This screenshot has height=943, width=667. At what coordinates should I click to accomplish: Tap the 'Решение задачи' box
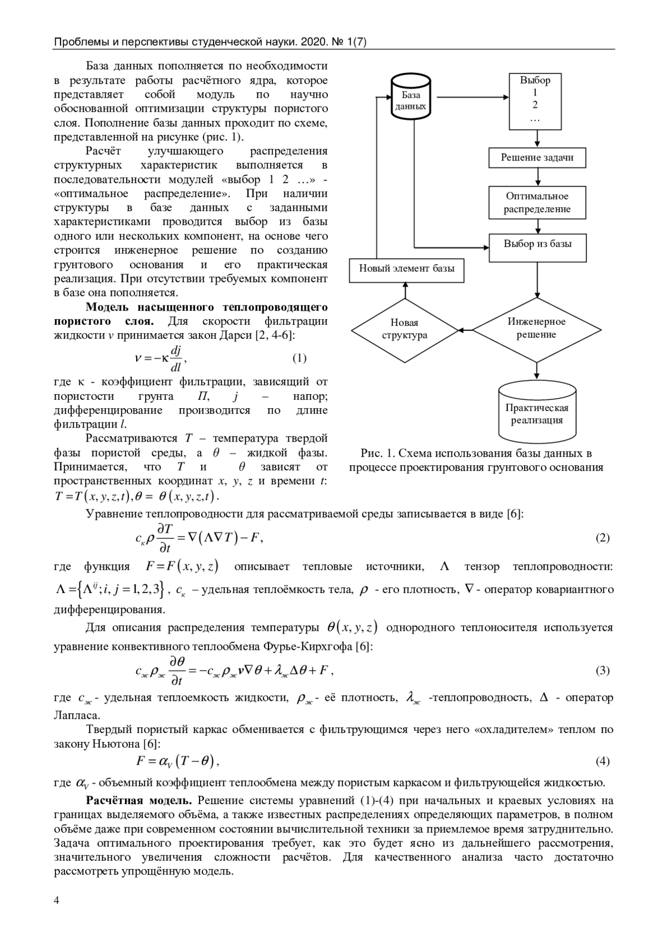point(537,157)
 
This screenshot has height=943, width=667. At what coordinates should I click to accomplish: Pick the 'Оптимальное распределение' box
point(537,203)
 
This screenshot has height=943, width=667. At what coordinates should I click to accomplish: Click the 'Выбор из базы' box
point(537,247)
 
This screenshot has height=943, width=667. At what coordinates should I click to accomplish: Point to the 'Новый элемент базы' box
point(406,269)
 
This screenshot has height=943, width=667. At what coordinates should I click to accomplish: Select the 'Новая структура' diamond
point(405,329)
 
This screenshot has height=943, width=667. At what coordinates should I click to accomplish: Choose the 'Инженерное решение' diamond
point(536,329)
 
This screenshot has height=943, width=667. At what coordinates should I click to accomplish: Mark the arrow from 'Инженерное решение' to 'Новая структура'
point(466,329)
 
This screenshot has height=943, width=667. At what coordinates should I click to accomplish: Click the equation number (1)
point(299,358)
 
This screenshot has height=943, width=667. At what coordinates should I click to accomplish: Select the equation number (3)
point(603,670)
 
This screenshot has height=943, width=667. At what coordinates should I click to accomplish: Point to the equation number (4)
point(603,761)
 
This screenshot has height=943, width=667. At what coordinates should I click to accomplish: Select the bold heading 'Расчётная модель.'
point(138,800)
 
